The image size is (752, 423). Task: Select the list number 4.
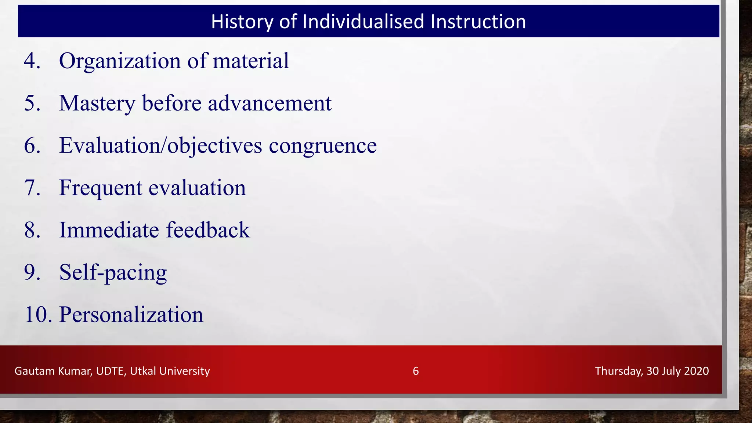(x=32, y=61)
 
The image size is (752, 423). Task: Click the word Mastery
(x=97, y=104)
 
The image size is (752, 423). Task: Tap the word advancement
(x=270, y=103)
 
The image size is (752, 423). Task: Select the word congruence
(x=322, y=146)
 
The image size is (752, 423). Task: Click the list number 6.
(x=32, y=145)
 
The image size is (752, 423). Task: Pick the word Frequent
(x=100, y=188)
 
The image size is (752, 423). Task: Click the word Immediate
(x=109, y=230)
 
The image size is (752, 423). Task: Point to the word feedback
(x=208, y=230)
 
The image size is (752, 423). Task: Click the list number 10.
(x=36, y=315)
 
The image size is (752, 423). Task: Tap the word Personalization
(x=131, y=315)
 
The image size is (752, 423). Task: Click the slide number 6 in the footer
(x=415, y=371)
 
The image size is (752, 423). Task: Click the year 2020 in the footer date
(x=696, y=371)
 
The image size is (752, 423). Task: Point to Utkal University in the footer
(x=170, y=371)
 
